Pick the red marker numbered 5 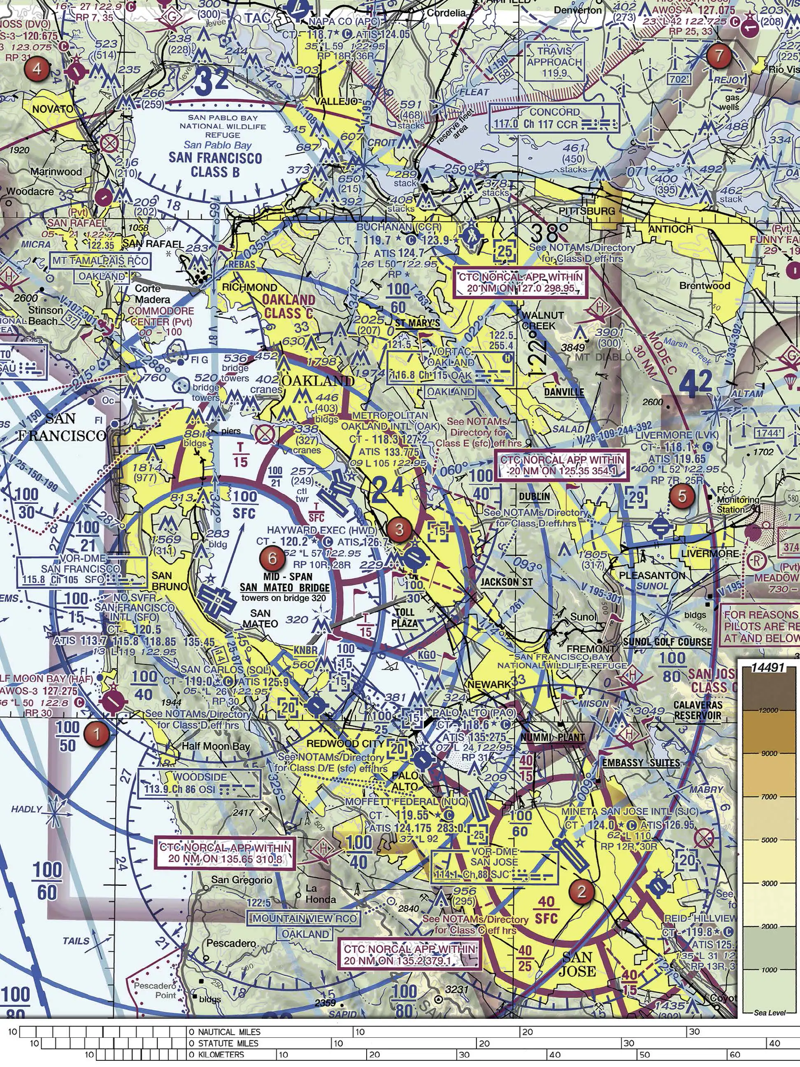(x=682, y=496)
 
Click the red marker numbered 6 (x=272, y=558)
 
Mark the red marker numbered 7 (x=719, y=56)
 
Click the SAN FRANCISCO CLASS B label (x=215, y=165)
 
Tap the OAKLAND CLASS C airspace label (x=288, y=306)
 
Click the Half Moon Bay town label (x=216, y=746)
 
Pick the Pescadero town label (x=231, y=943)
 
